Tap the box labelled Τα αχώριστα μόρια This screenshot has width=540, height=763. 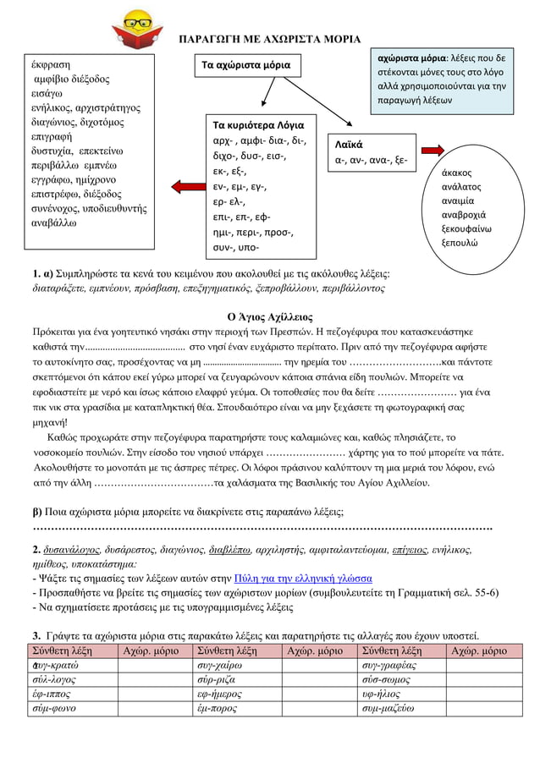tap(245, 65)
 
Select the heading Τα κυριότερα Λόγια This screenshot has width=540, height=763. tap(257, 124)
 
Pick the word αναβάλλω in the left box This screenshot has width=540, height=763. tap(52, 223)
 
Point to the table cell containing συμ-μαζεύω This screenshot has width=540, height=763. tap(392, 709)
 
